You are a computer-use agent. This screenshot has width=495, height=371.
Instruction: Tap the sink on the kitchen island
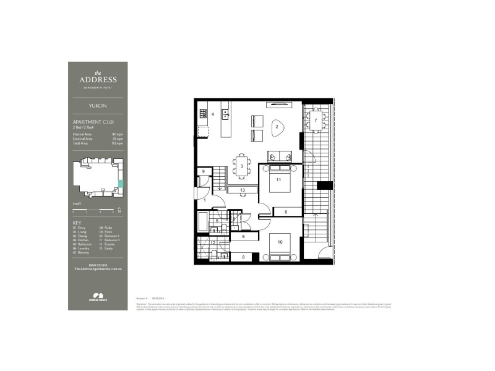pyautogui.click(x=226, y=114)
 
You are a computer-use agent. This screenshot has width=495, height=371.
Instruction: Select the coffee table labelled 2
pyautogui.click(x=277, y=126)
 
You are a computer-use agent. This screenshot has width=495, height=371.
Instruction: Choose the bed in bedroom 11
pyautogui.click(x=278, y=180)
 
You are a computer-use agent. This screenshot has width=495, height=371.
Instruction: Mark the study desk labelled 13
pyautogui.click(x=243, y=190)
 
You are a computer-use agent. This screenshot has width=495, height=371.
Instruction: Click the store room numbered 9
pyautogui.click(x=202, y=173)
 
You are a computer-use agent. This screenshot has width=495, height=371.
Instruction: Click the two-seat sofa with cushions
pyautogui.click(x=279, y=156)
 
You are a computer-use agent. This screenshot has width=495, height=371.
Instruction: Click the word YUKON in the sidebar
pyautogui.click(x=98, y=105)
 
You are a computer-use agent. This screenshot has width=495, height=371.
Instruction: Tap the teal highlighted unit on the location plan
pyautogui.click(x=121, y=184)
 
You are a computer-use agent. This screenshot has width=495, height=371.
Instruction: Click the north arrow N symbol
pyautogui.click(x=119, y=211)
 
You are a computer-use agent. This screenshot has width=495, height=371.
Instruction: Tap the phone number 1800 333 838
pyautogui.click(x=97, y=265)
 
